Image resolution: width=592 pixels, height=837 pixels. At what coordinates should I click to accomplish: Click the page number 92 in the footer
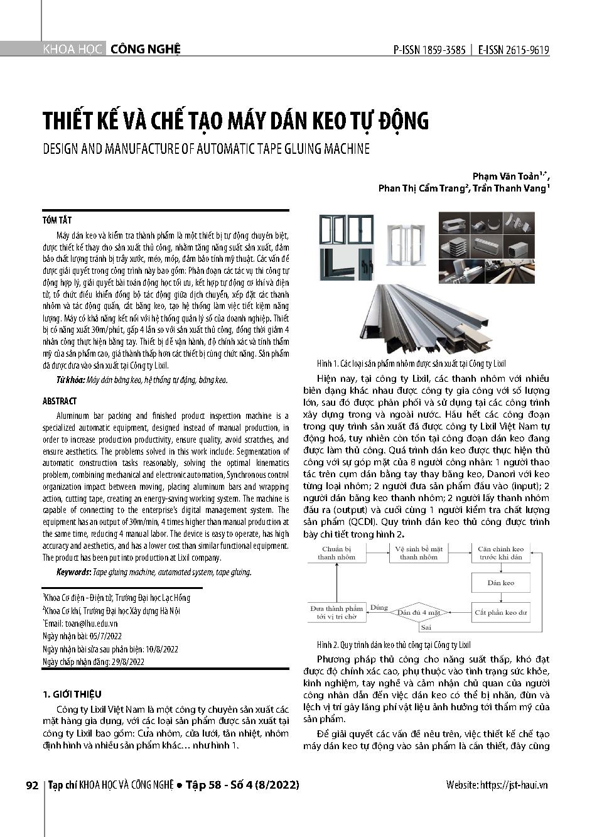[x=32, y=785]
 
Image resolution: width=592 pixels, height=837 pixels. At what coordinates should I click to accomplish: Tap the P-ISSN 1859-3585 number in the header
[x=429, y=51]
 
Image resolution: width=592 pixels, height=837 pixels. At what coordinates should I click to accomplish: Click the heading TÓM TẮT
[x=57, y=220]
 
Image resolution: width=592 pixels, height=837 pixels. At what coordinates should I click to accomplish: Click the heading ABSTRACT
[x=60, y=401]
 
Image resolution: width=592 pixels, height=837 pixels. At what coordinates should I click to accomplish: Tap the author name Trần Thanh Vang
[x=509, y=188]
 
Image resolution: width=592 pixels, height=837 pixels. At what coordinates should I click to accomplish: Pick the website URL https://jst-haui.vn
[x=513, y=785]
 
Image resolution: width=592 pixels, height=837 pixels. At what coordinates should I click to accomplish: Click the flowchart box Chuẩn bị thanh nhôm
[x=336, y=553]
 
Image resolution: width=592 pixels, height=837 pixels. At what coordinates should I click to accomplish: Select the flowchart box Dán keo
[x=500, y=583]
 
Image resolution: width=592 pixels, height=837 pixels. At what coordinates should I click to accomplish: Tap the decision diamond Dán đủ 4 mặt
[x=418, y=612]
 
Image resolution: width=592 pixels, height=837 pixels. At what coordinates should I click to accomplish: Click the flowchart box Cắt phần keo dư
[x=500, y=612]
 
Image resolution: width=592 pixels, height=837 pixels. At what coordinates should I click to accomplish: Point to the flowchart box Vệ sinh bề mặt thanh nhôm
[x=418, y=553]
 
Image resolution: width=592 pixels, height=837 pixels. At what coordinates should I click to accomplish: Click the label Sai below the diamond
[x=426, y=627]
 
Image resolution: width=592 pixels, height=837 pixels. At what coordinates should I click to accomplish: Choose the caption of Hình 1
[x=411, y=364]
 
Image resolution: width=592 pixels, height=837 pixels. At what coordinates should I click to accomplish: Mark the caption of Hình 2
[x=394, y=645]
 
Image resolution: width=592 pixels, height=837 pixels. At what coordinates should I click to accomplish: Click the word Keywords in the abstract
[x=73, y=572]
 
